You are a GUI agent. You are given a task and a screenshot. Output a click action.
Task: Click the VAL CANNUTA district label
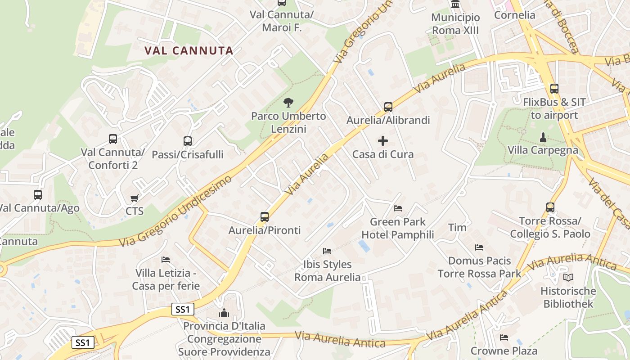[x=189, y=50]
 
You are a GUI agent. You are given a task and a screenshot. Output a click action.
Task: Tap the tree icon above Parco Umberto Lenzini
[x=288, y=103]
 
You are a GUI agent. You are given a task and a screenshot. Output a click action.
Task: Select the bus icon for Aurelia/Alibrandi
[x=388, y=107]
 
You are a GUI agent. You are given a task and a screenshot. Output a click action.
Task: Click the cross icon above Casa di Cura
[x=383, y=141]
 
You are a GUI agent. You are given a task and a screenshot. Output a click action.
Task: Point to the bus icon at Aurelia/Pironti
[x=265, y=217]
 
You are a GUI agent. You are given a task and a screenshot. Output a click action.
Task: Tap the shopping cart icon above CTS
[x=134, y=198]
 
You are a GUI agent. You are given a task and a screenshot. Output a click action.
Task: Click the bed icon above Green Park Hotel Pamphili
[x=398, y=208]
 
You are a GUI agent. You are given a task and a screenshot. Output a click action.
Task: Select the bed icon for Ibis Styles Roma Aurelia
[x=327, y=251]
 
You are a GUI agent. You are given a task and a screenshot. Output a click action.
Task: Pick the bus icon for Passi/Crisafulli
[x=188, y=141]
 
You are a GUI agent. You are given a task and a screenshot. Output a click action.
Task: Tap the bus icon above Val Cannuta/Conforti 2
[x=113, y=139]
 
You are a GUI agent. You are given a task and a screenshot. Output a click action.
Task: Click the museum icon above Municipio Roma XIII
[x=455, y=4]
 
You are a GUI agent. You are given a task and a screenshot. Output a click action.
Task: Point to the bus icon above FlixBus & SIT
[x=554, y=89]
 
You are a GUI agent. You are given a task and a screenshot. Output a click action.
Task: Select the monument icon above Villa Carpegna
[x=543, y=136]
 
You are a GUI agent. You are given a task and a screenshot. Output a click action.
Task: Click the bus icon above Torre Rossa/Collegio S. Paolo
[x=550, y=207]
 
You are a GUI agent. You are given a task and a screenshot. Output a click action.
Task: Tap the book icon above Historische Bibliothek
[x=568, y=278]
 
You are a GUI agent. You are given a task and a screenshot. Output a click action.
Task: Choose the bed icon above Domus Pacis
[x=479, y=247]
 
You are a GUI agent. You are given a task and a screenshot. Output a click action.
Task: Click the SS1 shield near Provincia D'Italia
[x=183, y=310]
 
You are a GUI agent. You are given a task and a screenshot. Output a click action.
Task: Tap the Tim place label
[x=457, y=228]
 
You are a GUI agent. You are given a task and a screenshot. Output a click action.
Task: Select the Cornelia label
[x=515, y=15]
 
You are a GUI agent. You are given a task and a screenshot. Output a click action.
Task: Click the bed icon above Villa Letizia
[x=166, y=260]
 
